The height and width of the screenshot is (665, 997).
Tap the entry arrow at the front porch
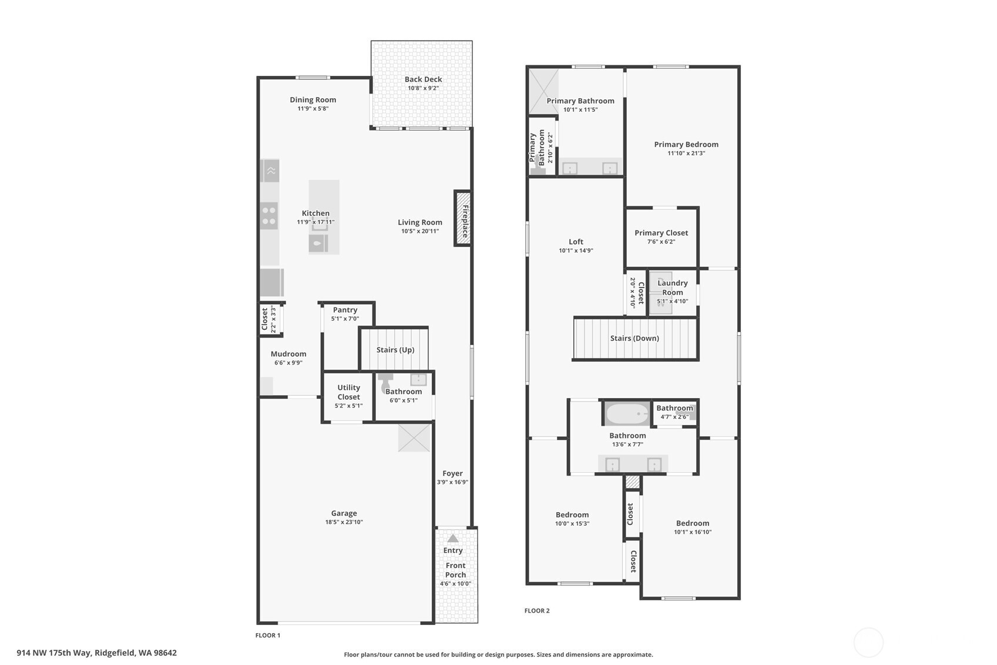pos(452,538)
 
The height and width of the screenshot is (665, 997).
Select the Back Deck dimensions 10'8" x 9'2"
pos(423,88)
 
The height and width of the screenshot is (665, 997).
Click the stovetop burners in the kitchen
pos(269,216)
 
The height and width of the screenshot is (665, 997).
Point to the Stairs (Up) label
pos(395,350)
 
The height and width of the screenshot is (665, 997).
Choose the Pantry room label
pos(345,309)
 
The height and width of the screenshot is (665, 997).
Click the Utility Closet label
pos(348,392)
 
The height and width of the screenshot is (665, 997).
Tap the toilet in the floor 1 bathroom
pos(385,382)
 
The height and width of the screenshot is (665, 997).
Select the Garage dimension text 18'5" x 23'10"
pos(344,522)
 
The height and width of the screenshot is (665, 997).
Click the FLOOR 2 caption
pos(537,611)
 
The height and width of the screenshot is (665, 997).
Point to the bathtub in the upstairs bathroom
pos(627,414)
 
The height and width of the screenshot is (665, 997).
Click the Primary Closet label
pos(661,232)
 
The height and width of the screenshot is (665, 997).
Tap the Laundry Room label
pos(672,288)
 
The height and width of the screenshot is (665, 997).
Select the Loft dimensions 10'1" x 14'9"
pos(576,250)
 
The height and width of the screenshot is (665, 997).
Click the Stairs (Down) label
pos(635,338)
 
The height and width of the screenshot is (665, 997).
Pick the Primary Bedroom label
pos(686,144)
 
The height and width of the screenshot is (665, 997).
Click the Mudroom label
pos(288,353)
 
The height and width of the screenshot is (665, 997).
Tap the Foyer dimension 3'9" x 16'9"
pos(452,482)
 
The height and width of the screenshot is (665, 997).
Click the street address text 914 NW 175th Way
pos(54,653)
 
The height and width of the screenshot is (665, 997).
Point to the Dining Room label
pos(313,100)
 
